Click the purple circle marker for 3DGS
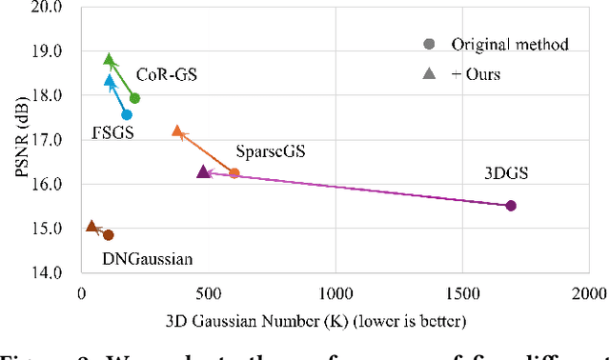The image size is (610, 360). click(511, 206)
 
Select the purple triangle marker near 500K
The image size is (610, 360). click(203, 171)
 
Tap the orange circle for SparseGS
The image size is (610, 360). click(234, 173)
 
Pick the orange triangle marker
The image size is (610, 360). click(177, 131)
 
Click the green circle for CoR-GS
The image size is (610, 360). click(134, 98)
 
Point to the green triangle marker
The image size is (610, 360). click(109, 60)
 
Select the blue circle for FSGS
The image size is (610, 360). click(127, 115)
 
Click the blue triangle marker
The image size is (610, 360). click(110, 81)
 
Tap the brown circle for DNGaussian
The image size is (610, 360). click(109, 235)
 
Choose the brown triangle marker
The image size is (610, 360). click(91, 227)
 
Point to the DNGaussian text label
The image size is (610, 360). click(148, 258)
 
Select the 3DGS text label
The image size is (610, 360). click(506, 173)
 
